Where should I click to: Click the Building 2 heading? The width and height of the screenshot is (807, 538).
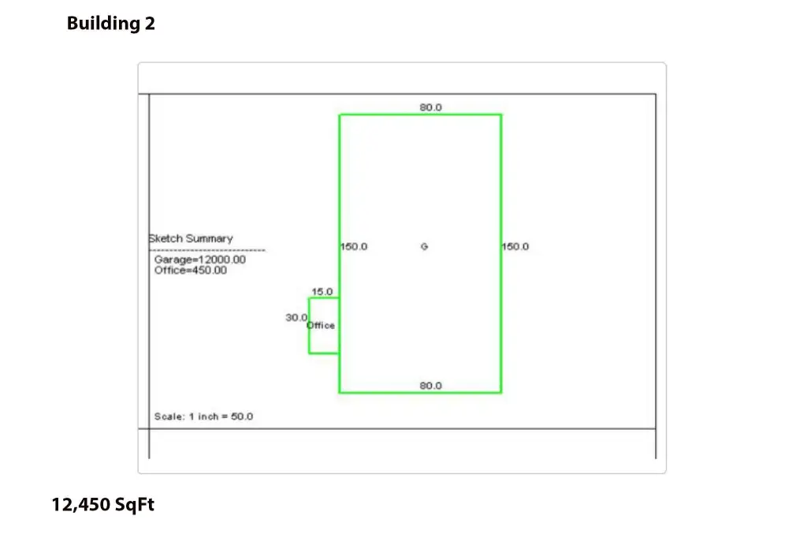coord(110,23)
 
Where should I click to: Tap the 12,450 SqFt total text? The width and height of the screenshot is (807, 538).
coord(103,505)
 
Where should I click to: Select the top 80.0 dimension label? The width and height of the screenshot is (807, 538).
coord(431,107)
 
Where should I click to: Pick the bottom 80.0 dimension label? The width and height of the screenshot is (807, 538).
coord(431,386)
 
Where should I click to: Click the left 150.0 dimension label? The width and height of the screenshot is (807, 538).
coord(354,246)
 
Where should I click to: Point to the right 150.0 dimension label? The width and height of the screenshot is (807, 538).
coord(515,246)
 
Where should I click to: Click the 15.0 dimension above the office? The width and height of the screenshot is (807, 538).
coord(322,292)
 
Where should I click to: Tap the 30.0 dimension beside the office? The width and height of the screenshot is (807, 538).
coord(296,317)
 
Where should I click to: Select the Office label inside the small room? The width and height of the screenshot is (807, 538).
coord(321,325)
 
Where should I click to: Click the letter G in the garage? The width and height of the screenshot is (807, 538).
coord(424,246)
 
